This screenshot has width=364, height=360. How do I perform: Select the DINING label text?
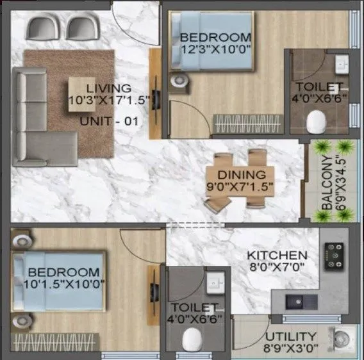click(241, 174)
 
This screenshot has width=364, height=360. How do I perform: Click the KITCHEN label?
click(277, 254)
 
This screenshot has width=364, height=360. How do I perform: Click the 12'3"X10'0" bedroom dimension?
click(215, 48)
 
